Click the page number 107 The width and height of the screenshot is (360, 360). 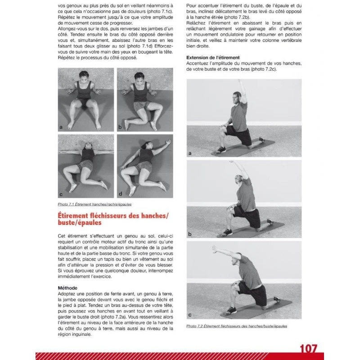click(x=308, y=348)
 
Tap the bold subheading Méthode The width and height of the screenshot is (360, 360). click(x=67, y=288)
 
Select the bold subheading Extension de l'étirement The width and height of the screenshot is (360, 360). click(x=213, y=58)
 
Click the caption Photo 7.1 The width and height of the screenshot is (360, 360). click(x=91, y=204)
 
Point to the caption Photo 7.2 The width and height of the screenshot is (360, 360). click(x=236, y=326)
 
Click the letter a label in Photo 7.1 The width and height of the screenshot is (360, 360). click(x=60, y=127)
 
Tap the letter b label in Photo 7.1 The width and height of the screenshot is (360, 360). click(x=120, y=127)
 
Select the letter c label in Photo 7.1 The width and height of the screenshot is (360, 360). click(x=60, y=194)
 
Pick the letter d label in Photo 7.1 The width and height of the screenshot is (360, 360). click(x=120, y=194)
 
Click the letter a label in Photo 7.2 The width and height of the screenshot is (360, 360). click(x=190, y=153)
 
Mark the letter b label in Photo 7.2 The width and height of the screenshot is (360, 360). click(x=190, y=234)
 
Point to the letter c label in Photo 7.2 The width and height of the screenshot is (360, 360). click(x=190, y=315)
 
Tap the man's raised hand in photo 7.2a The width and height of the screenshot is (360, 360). click(x=242, y=81)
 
